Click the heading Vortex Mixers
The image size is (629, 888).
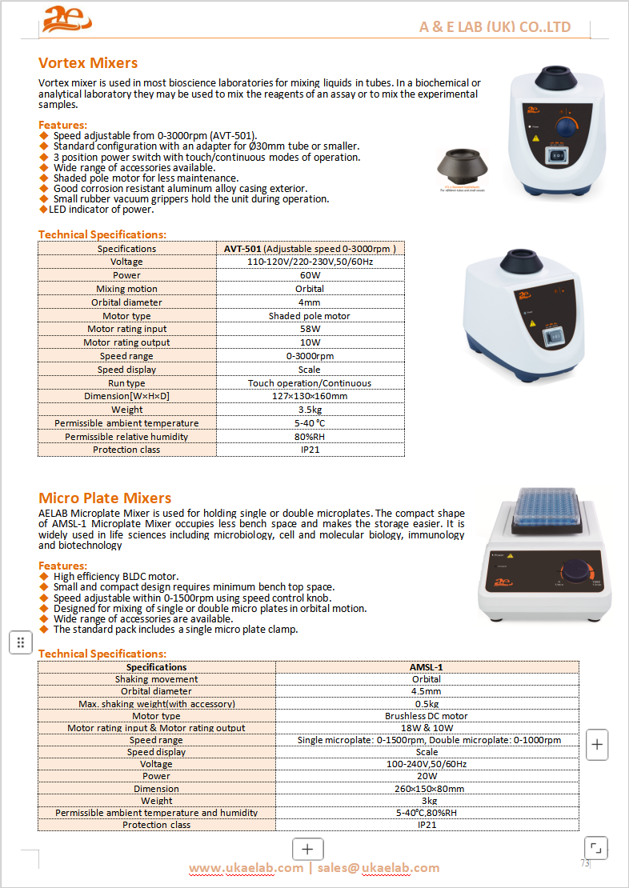[x=88, y=63]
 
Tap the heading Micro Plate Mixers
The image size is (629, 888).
[x=105, y=498]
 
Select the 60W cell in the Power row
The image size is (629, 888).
[x=310, y=275]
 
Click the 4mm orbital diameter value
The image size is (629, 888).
[x=310, y=302]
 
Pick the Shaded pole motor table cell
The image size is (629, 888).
[x=310, y=316]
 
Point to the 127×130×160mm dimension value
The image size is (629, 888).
[x=310, y=396]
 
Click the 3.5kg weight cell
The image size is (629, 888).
[x=310, y=410]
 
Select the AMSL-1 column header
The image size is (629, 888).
[x=427, y=667]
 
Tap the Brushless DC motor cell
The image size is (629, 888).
[x=427, y=716]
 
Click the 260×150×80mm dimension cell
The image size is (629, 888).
[x=427, y=789]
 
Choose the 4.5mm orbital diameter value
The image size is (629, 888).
[x=427, y=691]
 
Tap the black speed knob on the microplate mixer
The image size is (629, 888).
[x=575, y=574]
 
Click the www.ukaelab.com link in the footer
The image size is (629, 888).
[x=246, y=868]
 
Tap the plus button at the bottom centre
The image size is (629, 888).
[x=308, y=850]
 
